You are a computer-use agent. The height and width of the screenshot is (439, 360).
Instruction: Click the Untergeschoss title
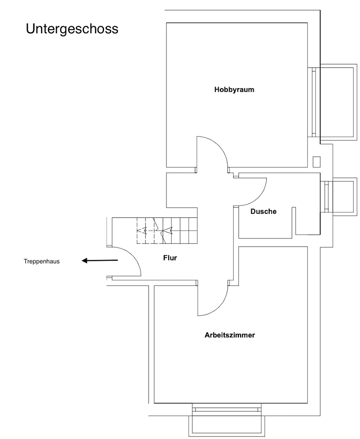point(72,29)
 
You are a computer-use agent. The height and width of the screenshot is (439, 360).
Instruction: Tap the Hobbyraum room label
point(234,89)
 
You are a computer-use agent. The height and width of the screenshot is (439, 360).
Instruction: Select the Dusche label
point(263,211)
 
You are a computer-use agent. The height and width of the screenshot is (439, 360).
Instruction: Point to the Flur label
point(170,258)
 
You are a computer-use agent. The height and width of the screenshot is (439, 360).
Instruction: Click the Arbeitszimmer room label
point(230,335)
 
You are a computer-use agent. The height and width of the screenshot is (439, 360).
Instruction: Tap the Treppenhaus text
point(41,261)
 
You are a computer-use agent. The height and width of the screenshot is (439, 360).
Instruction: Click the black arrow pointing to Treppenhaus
point(100,261)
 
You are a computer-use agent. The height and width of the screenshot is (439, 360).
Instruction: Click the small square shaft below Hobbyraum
point(317,161)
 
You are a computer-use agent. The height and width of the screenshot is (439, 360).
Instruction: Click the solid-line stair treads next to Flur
point(181,231)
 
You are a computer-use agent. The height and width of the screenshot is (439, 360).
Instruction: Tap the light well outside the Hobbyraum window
point(337,102)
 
